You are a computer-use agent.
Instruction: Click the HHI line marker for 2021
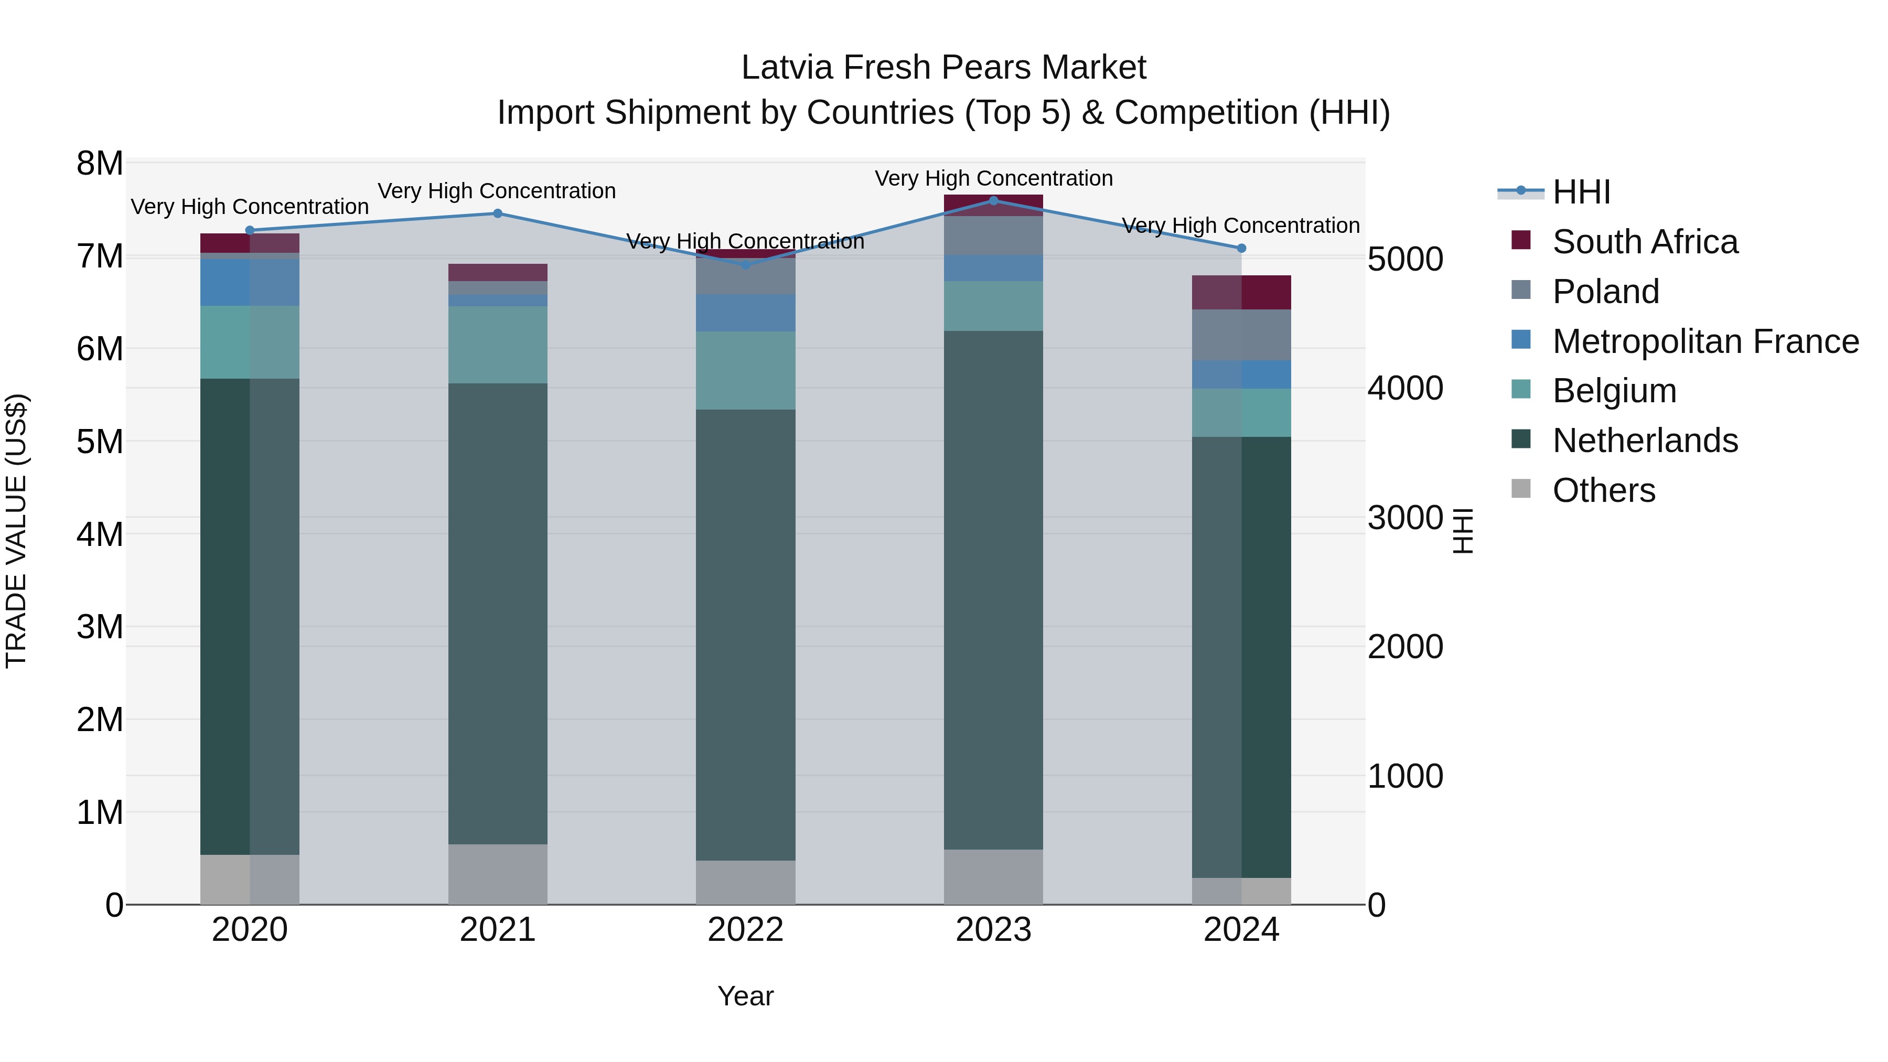point(497,213)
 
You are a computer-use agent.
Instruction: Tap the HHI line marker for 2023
point(993,200)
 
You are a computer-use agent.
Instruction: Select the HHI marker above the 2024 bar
point(1241,249)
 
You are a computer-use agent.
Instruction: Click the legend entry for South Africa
point(1644,242)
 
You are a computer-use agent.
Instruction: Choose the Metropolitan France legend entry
point(1705,341)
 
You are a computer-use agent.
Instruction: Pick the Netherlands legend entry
point(1644,441)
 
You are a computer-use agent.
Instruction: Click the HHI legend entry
point(1581,192)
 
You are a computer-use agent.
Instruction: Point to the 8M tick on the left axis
point(100,164)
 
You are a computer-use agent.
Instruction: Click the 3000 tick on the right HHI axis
point(1405,518)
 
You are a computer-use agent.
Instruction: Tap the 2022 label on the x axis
point(745,930)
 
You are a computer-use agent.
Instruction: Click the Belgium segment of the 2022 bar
point(745,370)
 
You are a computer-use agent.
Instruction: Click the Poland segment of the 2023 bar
point(993,235)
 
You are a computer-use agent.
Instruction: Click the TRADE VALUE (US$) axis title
point(16,531)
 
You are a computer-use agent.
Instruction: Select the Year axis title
point(745,996)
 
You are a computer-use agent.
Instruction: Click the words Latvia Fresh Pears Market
point(943,68)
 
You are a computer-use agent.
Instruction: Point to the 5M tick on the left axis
point(100,442)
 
